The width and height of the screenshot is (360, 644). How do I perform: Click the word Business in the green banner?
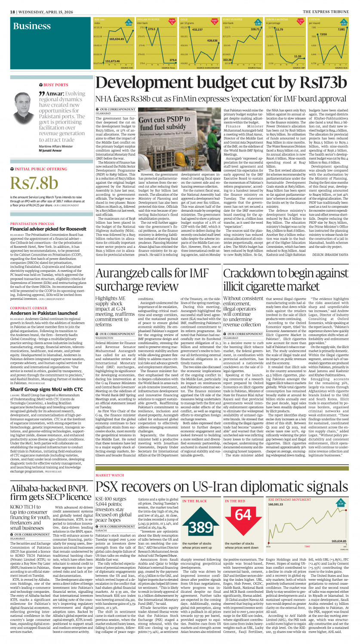coord(32,26)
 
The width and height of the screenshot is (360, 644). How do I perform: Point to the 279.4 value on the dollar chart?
coord(173,60)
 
